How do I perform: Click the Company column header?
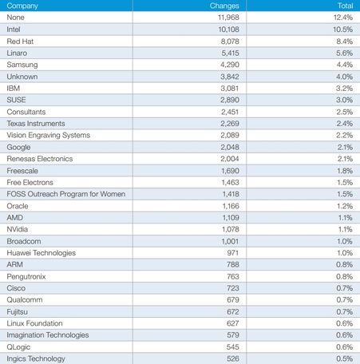(22, 6)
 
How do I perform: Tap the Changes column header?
(224, 6)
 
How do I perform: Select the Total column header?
(345, 6)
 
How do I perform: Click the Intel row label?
(14, 30)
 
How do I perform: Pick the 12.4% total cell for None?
(343, 18)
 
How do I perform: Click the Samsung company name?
(22, 65)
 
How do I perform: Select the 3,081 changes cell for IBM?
(230, 89)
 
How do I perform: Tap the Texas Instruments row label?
(36, 124)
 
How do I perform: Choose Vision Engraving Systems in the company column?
(49, 136)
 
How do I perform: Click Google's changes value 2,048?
(230, 147)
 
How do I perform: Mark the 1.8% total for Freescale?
(345, 171)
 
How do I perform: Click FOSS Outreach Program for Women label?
(66, 194)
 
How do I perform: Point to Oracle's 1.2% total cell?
(345, 206)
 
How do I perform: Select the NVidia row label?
(18, 229)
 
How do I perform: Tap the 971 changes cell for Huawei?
(233, 253)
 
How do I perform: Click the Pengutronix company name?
(26, 277)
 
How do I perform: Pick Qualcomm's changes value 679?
(233, 300)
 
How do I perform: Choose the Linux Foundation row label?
(34, 323)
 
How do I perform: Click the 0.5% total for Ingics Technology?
(345, 358)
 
